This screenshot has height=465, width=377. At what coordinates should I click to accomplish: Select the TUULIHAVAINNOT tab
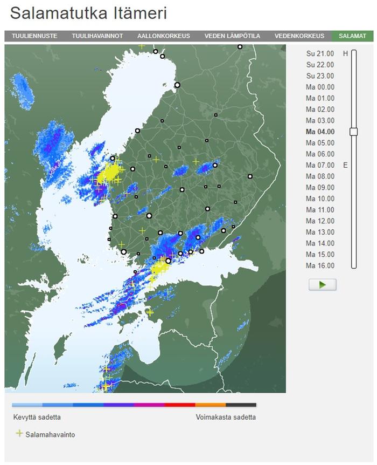(97, 36)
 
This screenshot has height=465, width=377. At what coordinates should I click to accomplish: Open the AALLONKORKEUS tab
(163, 36)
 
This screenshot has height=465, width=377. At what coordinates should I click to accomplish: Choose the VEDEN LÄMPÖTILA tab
(232, 36)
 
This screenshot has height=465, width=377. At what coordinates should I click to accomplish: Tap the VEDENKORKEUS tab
(299, 36)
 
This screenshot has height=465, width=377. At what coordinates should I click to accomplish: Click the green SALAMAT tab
(352, 36)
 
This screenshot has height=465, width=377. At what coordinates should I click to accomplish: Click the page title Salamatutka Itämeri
(88, 13)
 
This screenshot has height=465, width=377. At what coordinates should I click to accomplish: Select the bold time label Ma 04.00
(320, 132)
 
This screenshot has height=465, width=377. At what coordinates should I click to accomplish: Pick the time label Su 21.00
(320, 53)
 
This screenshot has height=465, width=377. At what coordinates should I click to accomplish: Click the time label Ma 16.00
(320, 265)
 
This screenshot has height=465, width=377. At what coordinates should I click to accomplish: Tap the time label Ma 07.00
(320, 165)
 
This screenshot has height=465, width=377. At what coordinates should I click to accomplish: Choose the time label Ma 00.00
(320, 87)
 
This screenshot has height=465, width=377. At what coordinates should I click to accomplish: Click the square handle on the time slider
(353, 132)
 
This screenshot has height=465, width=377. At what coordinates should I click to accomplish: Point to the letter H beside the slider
(346, 53)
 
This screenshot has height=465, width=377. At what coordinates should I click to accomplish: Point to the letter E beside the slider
(346, 165)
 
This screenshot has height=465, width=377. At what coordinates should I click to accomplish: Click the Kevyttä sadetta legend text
(37, 417)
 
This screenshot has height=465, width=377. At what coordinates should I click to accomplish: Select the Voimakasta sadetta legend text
(226, 417)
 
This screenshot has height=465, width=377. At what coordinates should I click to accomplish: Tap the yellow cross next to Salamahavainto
(19, 433)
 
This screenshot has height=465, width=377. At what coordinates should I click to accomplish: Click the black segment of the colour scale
(241, 405)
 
